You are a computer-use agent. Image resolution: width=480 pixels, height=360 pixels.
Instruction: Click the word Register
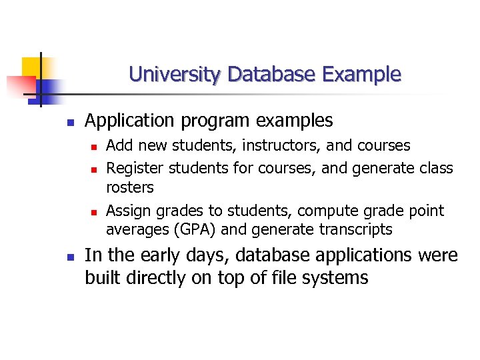pos(135,168)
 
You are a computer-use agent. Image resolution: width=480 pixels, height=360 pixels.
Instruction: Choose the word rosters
pos(130,187)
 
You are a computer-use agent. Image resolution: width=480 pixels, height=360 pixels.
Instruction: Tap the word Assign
pos(129,211)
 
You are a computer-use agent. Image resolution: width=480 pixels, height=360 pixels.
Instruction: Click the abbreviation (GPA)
pos(190,230)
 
